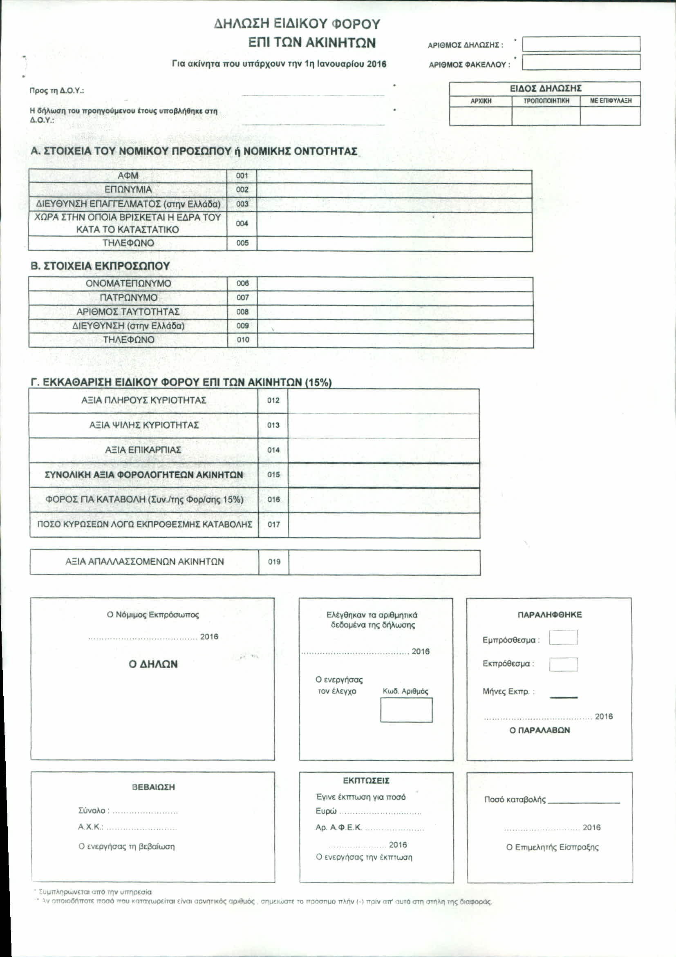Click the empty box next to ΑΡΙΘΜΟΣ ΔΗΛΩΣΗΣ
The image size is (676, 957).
point(581,44)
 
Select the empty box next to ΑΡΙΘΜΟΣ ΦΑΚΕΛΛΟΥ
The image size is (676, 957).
point(581,63)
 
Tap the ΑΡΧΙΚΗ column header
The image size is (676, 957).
point(481,101)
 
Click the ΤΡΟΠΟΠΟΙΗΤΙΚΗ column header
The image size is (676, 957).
point(546,101)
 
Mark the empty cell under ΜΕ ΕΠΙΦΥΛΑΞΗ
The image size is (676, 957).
point(610,116)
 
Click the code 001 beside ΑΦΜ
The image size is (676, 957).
point(242,176)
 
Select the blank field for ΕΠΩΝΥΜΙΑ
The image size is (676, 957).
point(394,190)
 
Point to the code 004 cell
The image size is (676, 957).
point(242,224)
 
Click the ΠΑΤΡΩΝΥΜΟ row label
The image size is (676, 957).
point(128,297)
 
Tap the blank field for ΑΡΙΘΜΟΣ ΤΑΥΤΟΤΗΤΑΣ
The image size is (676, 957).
point(395,312)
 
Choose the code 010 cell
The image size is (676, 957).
point(242,340)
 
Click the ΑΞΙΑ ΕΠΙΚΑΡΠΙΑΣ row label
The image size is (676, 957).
point(143,450)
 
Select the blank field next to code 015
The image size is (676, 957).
point(383,475)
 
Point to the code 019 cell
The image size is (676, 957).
point(274,562)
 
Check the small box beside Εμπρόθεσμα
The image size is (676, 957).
point(563,638)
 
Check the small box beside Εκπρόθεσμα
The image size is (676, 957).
point(563,664)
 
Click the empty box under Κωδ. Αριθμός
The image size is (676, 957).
point(406,710)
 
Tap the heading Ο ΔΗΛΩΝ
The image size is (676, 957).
point(153,664)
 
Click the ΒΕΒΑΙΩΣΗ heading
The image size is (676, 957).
point(153,787)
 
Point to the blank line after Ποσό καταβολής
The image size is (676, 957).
point(584,800)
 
